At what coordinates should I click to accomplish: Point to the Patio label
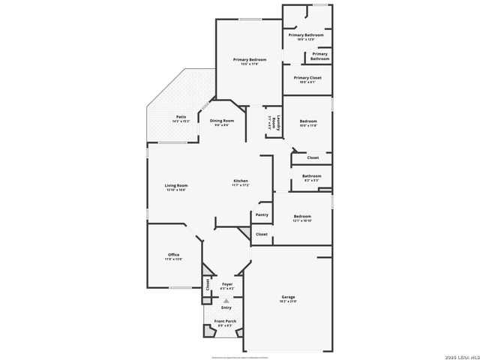[181, 118]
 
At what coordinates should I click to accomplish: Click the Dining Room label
[221, 122]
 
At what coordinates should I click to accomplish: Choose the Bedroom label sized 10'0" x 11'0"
[309, 123]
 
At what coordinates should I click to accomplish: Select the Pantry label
[262, 214]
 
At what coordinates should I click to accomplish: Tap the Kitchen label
[240, 182]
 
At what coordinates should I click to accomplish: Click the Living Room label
[176, 187]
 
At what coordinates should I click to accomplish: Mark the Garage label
[288, 298]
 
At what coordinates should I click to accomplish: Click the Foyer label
[227, 285]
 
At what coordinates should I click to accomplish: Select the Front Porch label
[226, 323]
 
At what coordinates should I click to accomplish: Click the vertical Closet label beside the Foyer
[208, 284]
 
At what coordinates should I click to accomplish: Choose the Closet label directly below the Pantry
[262, 234]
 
